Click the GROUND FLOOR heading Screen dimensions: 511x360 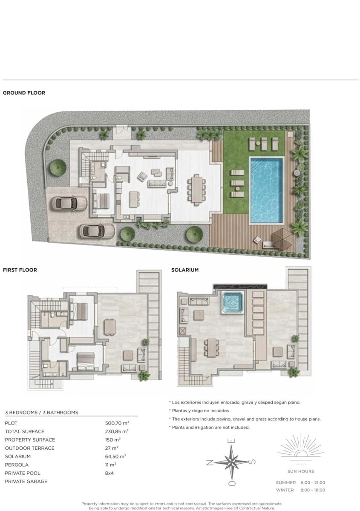point(24,93)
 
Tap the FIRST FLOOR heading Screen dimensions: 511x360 point(20,270)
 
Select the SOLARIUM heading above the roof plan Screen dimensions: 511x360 point(185,270)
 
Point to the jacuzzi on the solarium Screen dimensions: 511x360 point(232,302)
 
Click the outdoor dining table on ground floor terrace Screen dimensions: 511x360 point(196,188)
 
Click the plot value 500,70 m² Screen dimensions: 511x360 point(117,423)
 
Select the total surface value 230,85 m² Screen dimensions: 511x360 point(117,431)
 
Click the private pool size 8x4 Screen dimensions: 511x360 point(110,473)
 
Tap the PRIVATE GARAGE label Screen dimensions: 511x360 point(26,481)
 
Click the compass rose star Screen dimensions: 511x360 point(231,462)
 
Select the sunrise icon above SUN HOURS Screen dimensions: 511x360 point(300,451)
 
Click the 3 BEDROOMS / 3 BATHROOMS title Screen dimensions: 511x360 point(41,413)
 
